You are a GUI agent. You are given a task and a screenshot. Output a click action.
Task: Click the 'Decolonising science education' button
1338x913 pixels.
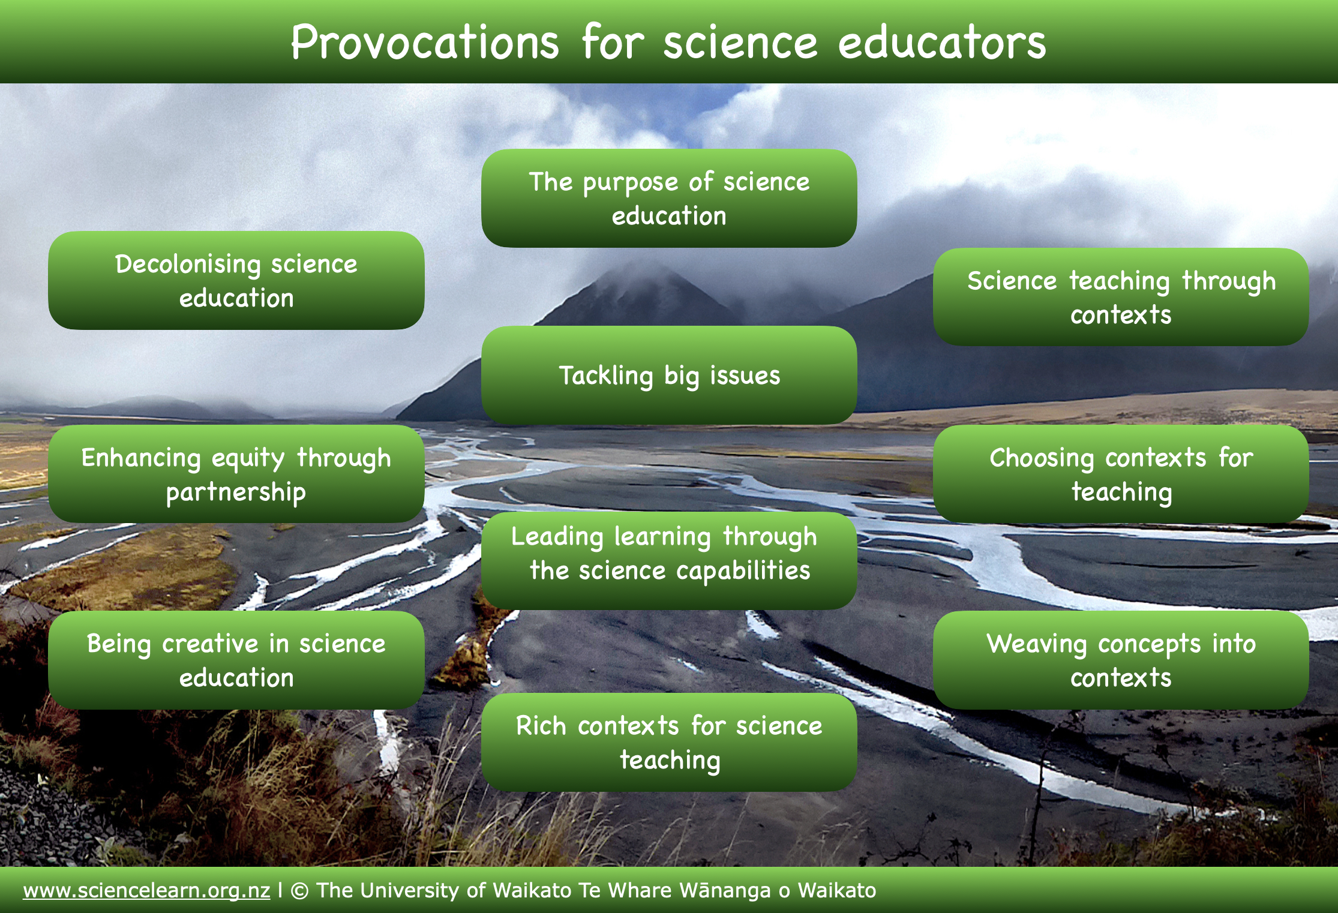click(236, 280)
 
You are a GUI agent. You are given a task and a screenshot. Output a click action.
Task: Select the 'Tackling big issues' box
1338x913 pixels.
click(669, 375)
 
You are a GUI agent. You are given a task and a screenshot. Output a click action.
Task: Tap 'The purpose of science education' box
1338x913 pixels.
click(669, 198)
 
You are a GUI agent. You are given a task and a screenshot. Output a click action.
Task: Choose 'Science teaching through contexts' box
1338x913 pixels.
click(1121, 297)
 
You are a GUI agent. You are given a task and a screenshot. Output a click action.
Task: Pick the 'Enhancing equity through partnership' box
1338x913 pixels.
click(236, 474)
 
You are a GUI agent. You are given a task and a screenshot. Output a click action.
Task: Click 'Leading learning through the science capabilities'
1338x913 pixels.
click(669, 561)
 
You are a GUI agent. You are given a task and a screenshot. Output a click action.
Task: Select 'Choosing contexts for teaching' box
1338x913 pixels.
click(1121, 474)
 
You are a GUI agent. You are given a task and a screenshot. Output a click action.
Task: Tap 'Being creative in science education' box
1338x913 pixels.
click(236, 660)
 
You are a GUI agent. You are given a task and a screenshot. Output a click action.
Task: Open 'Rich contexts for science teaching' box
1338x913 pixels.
click(669, 742)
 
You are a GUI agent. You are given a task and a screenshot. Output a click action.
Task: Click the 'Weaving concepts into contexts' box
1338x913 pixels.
click(1121, 660)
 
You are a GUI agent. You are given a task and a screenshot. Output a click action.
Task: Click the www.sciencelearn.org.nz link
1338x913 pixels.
click(146, 890)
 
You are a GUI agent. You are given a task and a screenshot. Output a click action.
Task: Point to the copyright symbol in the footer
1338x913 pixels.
click(299, 891)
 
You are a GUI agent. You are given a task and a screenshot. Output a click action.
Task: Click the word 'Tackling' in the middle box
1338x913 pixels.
click(606, 376)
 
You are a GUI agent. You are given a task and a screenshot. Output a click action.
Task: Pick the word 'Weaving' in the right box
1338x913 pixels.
click(1037, 644)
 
